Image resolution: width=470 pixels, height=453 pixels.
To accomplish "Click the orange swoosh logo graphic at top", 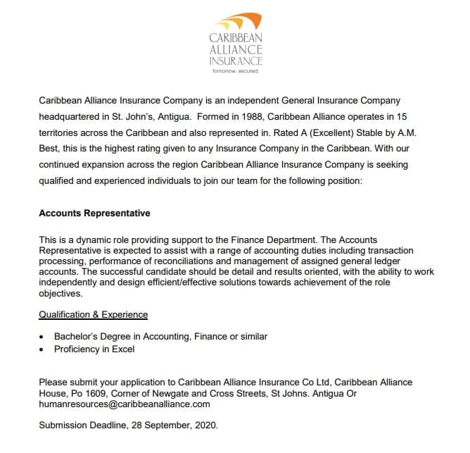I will click(236, 21).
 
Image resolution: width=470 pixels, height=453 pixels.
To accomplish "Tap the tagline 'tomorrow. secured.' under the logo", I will click(236, 71).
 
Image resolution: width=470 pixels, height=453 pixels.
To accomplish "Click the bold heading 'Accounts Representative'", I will click(94, 213).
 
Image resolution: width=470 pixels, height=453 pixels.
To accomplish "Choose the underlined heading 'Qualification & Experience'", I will click(93, 314).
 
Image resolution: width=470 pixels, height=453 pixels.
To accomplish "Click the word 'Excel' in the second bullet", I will click(122, 349).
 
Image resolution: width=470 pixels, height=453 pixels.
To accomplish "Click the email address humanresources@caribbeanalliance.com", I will click(125, 404).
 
